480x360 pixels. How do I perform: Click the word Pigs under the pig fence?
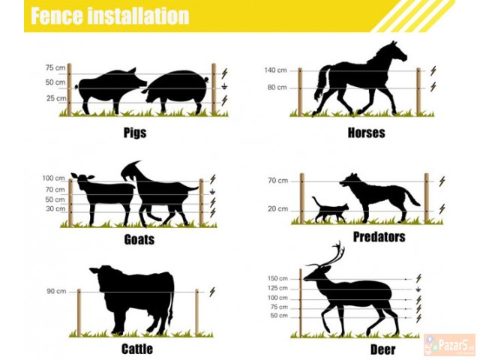tap(135, 133)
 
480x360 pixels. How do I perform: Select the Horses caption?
tap(367, 133)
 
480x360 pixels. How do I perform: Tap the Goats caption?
tap(139, 239)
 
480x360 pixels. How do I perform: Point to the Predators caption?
tap(379, 237)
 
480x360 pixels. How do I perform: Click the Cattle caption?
tap(137, 349)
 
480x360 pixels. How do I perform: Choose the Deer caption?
tap(383, 349)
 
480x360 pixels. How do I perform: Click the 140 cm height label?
tap(276, 70)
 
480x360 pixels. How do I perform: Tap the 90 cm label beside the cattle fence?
tap(56, 291)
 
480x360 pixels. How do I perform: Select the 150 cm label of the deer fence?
tap(277, 278)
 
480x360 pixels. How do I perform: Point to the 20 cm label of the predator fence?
tap(278, 208)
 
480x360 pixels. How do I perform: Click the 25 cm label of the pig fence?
tap(56, 98)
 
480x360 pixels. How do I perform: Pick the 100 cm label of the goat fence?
tap(53, 178)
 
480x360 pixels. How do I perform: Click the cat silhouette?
tap(330, 210)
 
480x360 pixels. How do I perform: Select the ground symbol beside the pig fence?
tap(225, 87)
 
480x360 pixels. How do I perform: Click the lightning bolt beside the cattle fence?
tap(212, 292)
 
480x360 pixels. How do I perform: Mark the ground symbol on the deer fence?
tap(418, 289)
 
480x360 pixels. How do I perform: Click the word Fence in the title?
tap(57, 16)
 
